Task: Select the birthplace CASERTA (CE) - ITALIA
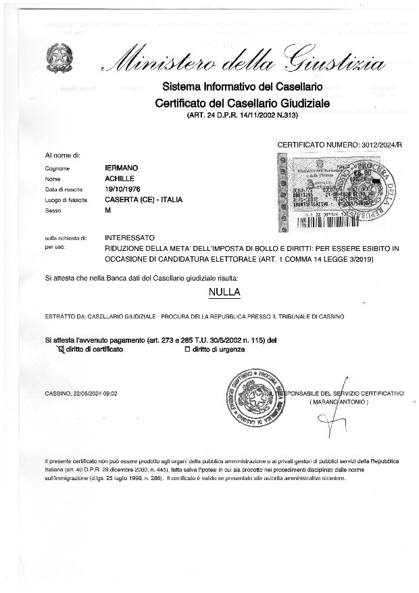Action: click(143, 199)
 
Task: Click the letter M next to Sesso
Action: click(108, 210)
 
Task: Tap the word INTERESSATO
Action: click(130, 238)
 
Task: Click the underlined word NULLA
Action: click(224, 293)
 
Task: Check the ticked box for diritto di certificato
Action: click(59, 350)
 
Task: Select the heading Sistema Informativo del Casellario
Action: click(241, 87)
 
